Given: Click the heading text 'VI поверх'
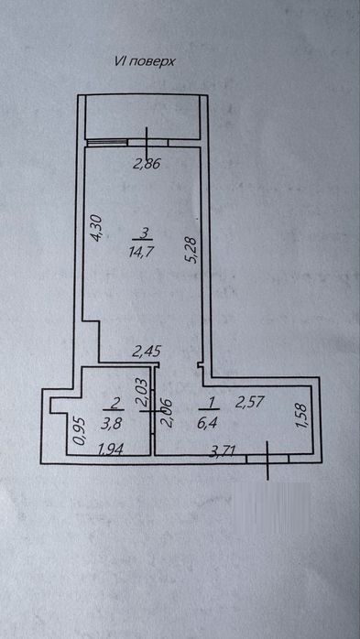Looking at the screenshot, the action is point(145,62).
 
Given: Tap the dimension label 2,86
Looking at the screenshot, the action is point(146,164).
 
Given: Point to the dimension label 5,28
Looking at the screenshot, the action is point(192,251).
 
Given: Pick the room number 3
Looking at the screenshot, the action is point(143,233).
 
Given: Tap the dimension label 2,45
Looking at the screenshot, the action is point(147,350).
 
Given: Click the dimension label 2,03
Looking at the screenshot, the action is point(144,393).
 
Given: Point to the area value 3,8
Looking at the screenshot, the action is point(107,424).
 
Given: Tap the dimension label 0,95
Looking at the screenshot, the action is point(80,431).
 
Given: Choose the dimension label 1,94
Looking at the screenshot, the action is point(112,449).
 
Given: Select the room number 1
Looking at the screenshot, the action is point(211,403).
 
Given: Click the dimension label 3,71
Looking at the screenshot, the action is point(222,451).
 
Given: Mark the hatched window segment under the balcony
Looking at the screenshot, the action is point(107,142).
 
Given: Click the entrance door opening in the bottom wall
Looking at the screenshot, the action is point(267,459).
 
